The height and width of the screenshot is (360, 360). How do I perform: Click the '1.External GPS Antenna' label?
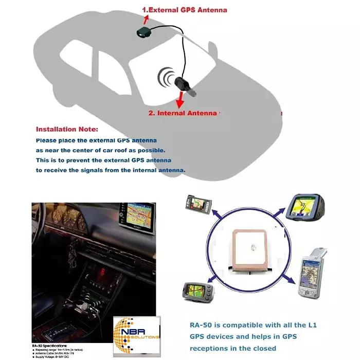pos(184,9)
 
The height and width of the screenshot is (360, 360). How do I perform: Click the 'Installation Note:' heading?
pos(67,129)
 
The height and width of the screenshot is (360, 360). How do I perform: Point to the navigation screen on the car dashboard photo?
pos(135,216)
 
